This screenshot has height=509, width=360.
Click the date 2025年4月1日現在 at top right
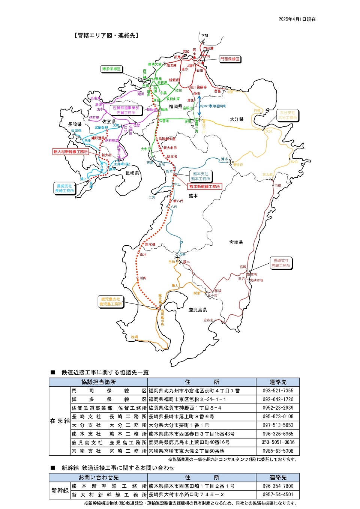click(297, 19)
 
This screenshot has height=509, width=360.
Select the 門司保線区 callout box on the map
click(229, 59)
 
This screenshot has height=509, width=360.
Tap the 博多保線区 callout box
click(111, 69)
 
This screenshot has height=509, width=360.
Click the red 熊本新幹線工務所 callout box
click(205, 186)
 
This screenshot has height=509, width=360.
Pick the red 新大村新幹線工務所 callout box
click(70, 152)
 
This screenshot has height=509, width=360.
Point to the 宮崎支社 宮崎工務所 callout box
click(281, 263)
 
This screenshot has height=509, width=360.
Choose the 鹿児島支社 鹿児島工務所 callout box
click(111, 302)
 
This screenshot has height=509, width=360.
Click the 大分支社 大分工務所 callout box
click(287, 115)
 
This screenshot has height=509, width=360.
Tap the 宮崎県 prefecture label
click(236, 242)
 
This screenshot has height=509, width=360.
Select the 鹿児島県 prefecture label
click(197, 310)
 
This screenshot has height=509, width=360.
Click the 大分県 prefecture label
click(236, 119)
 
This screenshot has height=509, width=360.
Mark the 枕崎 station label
click(134, 337)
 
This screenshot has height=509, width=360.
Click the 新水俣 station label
click(150, 245)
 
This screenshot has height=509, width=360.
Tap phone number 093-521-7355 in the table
click(278, 391)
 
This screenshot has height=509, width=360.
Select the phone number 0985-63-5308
click(278, 451)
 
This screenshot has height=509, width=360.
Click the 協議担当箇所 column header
click(98, 382)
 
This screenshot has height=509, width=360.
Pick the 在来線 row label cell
click(60, 421)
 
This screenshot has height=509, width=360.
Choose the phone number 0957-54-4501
click(278, 495)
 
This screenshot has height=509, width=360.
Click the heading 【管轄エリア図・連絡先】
click(107, 35)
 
